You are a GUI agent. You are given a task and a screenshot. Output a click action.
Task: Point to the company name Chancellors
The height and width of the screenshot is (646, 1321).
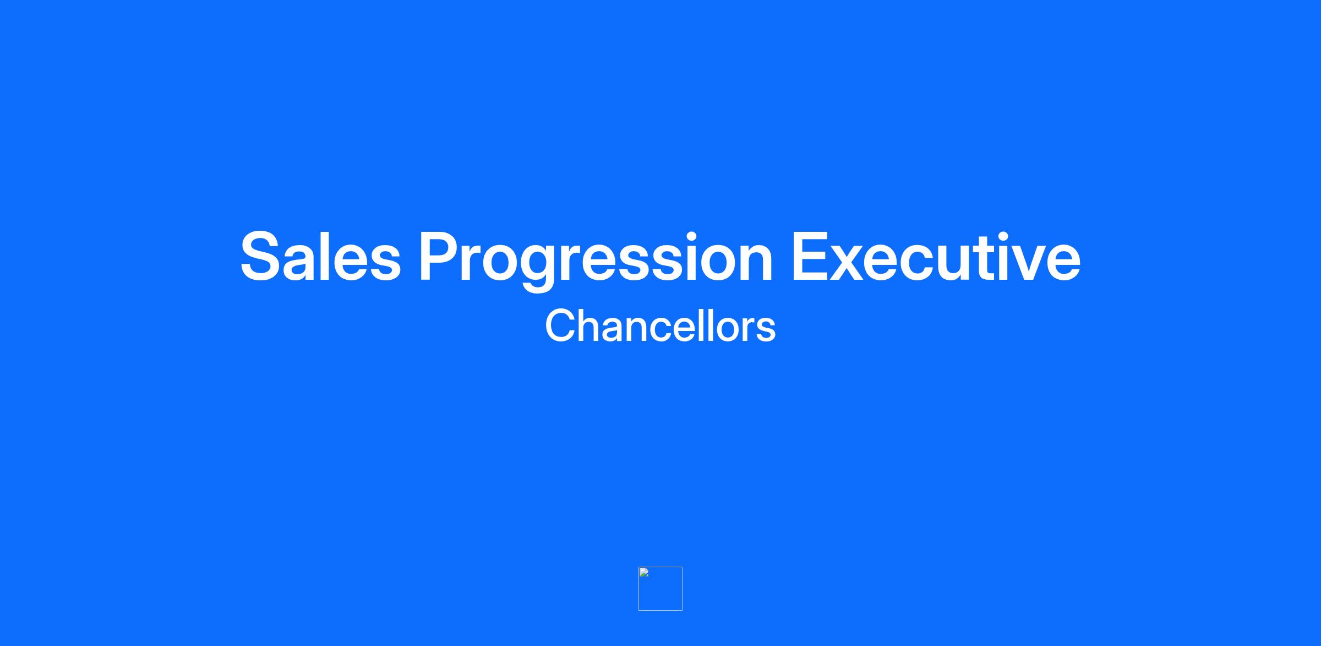660,325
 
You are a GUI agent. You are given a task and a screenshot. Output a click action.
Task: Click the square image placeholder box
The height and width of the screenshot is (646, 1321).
660,588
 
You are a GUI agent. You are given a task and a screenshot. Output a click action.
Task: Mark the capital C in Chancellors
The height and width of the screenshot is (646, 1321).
560,325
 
